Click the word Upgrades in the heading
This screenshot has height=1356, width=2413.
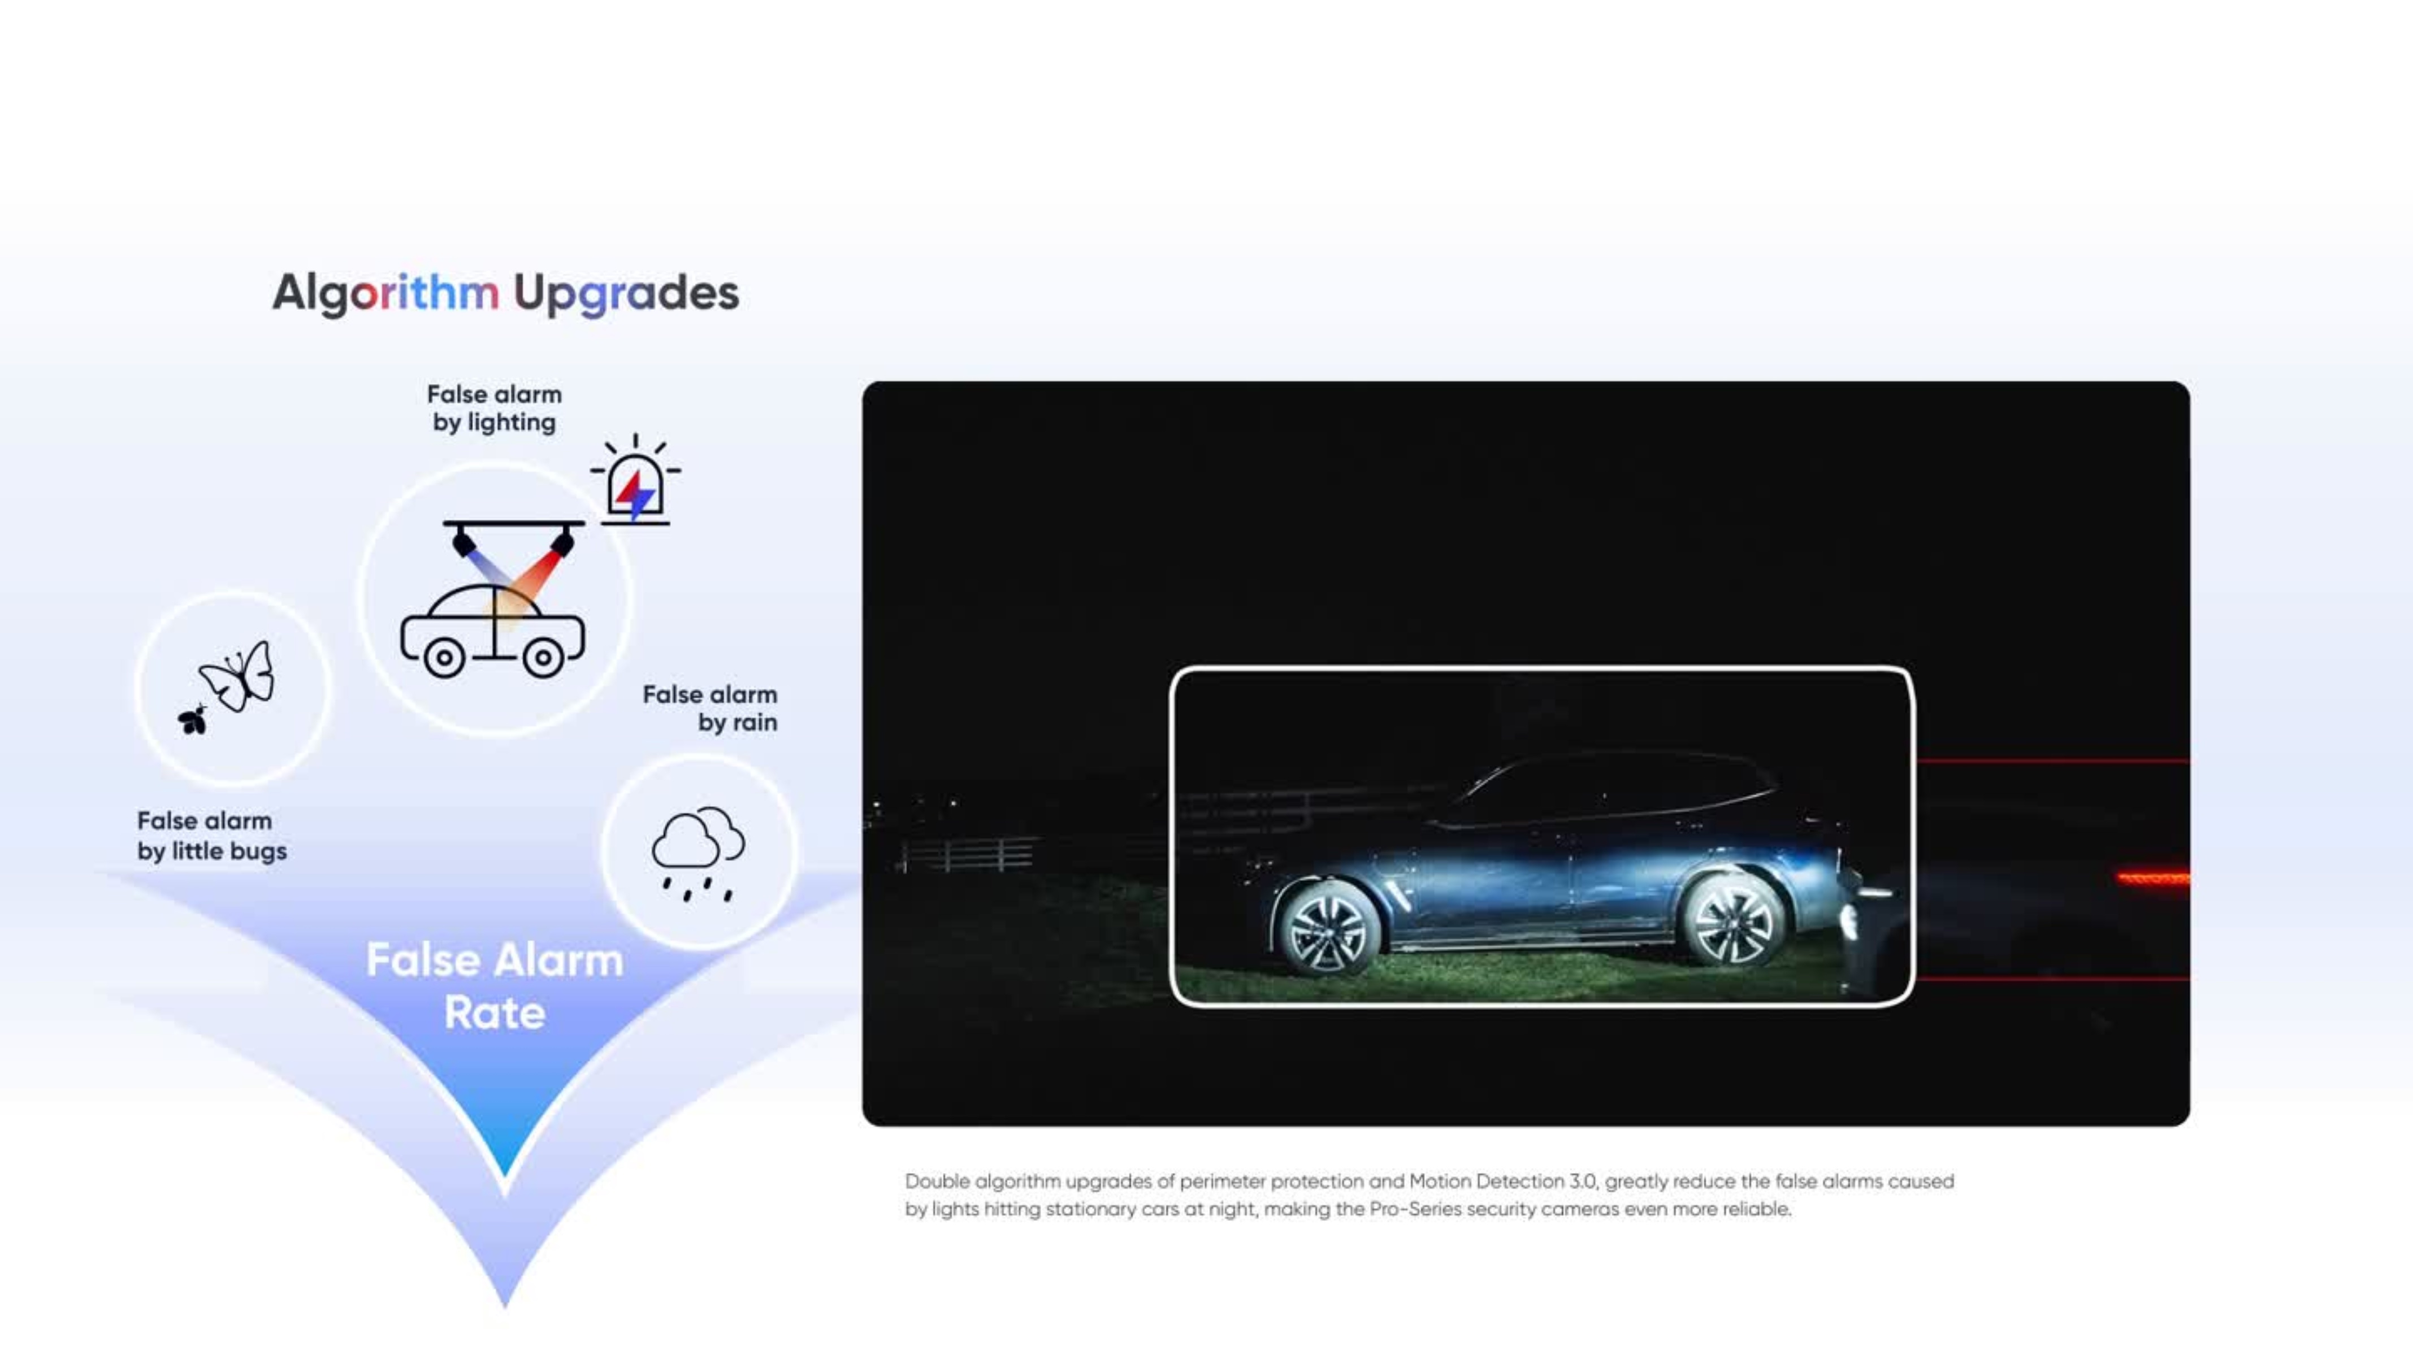626,294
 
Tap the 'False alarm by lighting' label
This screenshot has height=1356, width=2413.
493,408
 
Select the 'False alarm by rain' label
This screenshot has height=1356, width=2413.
709,708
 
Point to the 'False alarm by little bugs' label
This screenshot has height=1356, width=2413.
212,835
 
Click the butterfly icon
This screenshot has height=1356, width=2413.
238,676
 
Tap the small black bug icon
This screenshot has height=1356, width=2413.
193,719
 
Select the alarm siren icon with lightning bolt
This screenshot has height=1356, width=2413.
636,480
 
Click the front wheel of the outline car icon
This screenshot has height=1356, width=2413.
543,658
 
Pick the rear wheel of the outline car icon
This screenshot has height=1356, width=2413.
444,658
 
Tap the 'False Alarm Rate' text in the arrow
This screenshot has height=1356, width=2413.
495,986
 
